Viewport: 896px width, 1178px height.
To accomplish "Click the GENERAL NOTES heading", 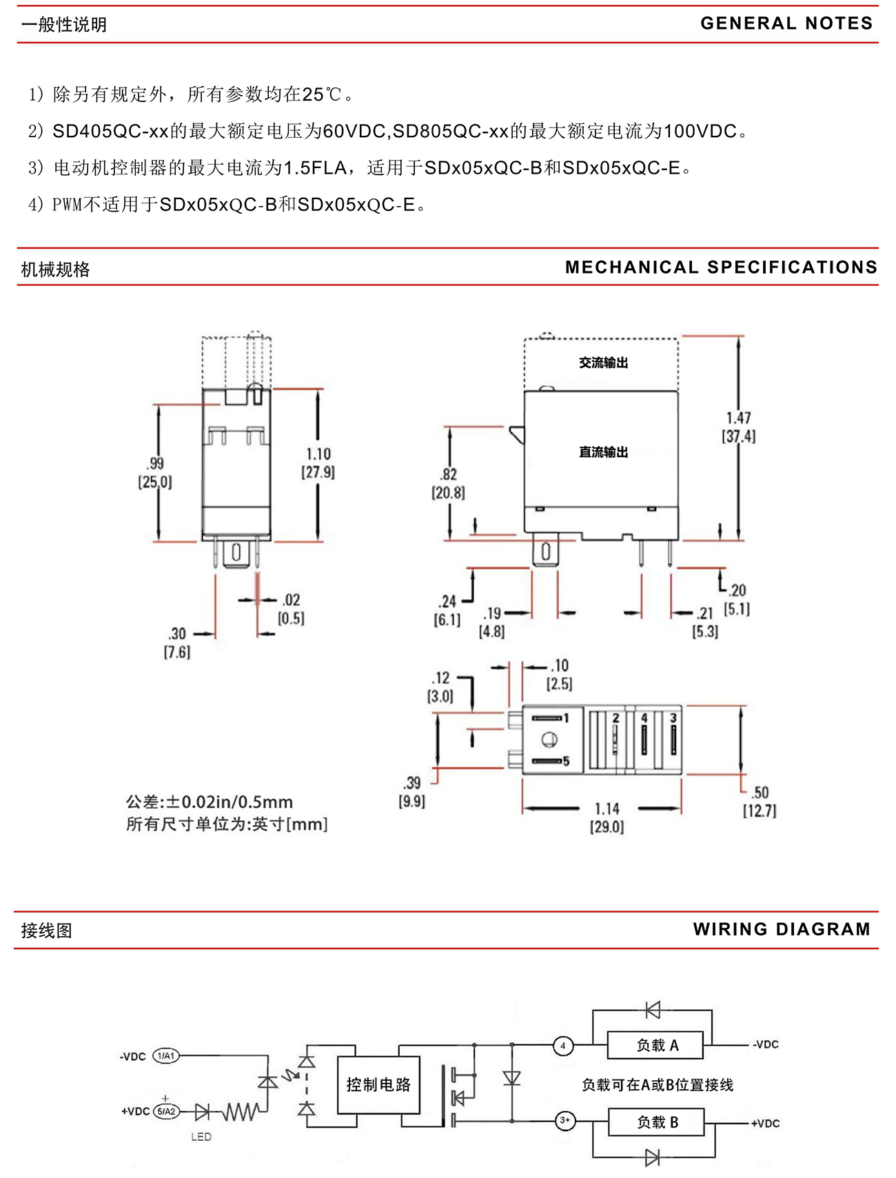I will point(786,23).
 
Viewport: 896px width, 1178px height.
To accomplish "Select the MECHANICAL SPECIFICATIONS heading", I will point(721,267).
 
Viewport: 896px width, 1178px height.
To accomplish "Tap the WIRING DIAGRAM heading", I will point(782,929).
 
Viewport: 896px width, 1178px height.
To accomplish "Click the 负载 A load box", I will point(655,1045).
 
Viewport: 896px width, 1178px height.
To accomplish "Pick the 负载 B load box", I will point(657,1122).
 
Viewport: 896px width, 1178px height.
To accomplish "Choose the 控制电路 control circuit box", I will point(378,1084).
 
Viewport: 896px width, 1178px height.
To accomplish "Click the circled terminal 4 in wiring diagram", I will point(563,1046).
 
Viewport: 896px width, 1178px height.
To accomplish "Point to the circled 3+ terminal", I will point(564,1120).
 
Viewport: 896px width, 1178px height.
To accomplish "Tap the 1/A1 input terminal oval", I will point(165,1055).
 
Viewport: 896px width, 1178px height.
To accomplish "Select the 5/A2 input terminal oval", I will point(165,1111).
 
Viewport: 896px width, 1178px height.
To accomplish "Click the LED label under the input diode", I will point(201,1137).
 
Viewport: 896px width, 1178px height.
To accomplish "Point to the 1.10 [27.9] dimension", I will point(318,463).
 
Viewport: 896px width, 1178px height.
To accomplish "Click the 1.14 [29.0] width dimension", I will point(607,818).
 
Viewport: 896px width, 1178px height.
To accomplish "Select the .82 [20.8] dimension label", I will point(449,483).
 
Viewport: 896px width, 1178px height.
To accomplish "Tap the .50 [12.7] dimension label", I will point(760,802).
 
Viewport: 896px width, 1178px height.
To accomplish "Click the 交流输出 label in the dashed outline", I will point(603,363).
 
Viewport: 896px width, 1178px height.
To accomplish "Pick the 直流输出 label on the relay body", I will point(603,452).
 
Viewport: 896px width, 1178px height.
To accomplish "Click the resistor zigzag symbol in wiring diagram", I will point(241,1111).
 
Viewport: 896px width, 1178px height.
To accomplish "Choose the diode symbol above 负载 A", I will point(653,1010).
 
